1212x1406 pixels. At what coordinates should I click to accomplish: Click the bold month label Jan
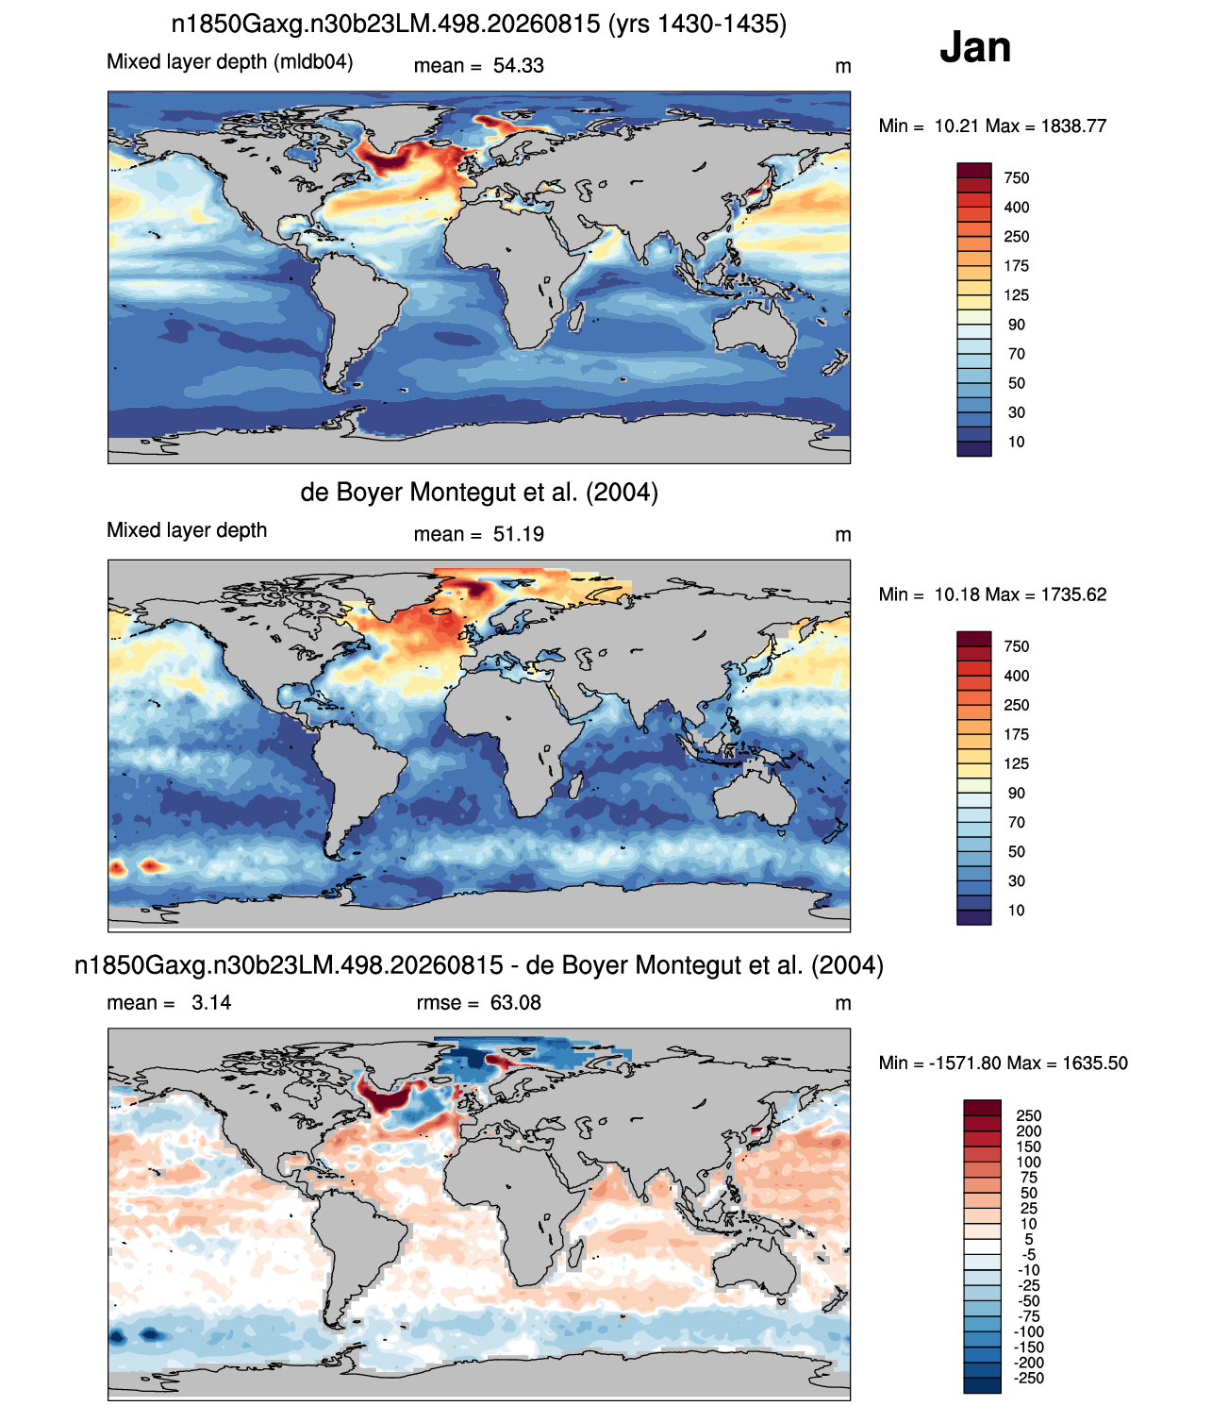coord(974,47)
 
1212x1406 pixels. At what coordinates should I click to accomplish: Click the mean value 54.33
coord(518,66)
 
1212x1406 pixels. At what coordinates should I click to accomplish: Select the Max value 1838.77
coord(1073,126)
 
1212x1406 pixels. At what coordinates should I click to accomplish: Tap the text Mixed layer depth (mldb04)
coord(230,62)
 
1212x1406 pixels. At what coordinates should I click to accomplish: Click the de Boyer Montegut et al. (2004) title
coord(479,492)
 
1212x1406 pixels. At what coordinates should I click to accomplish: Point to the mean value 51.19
coord(518,534)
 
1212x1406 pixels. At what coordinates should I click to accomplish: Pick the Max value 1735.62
coord(1073,594)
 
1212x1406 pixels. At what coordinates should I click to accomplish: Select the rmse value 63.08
coord(515,1003)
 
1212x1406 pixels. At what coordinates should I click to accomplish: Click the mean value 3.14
coord(210,1003)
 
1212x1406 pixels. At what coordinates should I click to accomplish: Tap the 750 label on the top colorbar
coord(1016,178)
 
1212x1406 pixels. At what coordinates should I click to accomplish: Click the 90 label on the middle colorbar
coord(1016,794)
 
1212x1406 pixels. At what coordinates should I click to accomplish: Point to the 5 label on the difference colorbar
coord(1028,1239)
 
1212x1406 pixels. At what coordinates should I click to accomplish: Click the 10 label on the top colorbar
coord(1016,443)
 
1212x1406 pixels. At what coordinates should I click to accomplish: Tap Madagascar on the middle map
coord(575,788)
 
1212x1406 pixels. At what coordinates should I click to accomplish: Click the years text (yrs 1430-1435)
coord(697,25)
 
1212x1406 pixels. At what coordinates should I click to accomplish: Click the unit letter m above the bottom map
coord(843,1003)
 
